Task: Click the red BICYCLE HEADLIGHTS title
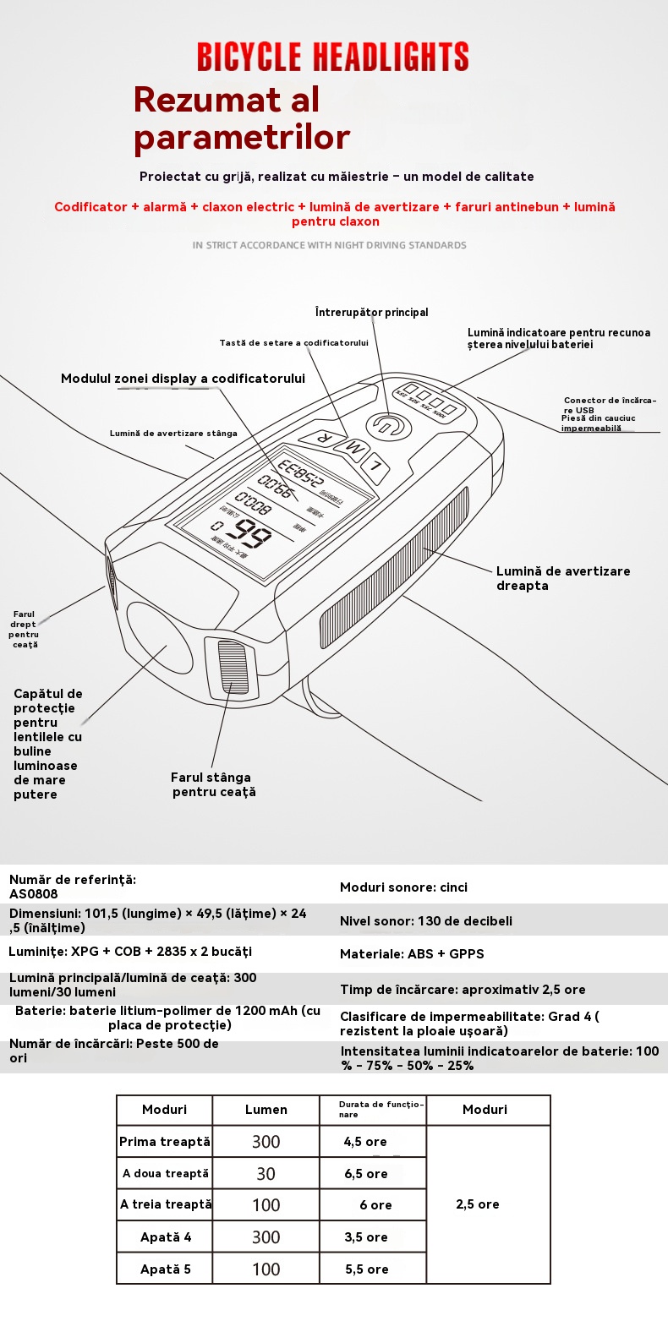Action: pyautogui.click(x=333, y=57)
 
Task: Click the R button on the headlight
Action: pyautogui.click(x=322, y=436)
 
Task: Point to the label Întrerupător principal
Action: pyautogui.click(x=371, y=313)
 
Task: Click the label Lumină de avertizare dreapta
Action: pyautogui.click(x=562, y=578)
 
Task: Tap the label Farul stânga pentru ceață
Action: pyautogui.click(x=212, y=784)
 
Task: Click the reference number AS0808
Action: pyautogui.click(x=34, y=893)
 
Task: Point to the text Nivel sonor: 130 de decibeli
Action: pyautogui.click(x=425, y=920)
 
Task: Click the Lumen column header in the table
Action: pyautogui.click(x=266, y=1110)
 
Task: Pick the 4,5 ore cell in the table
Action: pyautogui.click(x=365, y=1142)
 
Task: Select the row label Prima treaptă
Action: pyautogui.click(x=164, y=1142)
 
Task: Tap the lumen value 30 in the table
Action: pyautogui.click(x=266, y=1174)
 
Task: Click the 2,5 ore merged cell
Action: pyautogui.click(x=478, y=1204)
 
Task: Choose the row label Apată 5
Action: pyautogui.click(x=166, y=1269)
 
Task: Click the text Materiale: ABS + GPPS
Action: pyautogui.click(x=412, y=953)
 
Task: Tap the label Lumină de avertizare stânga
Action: pyautogui.click(x=173, y=433)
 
